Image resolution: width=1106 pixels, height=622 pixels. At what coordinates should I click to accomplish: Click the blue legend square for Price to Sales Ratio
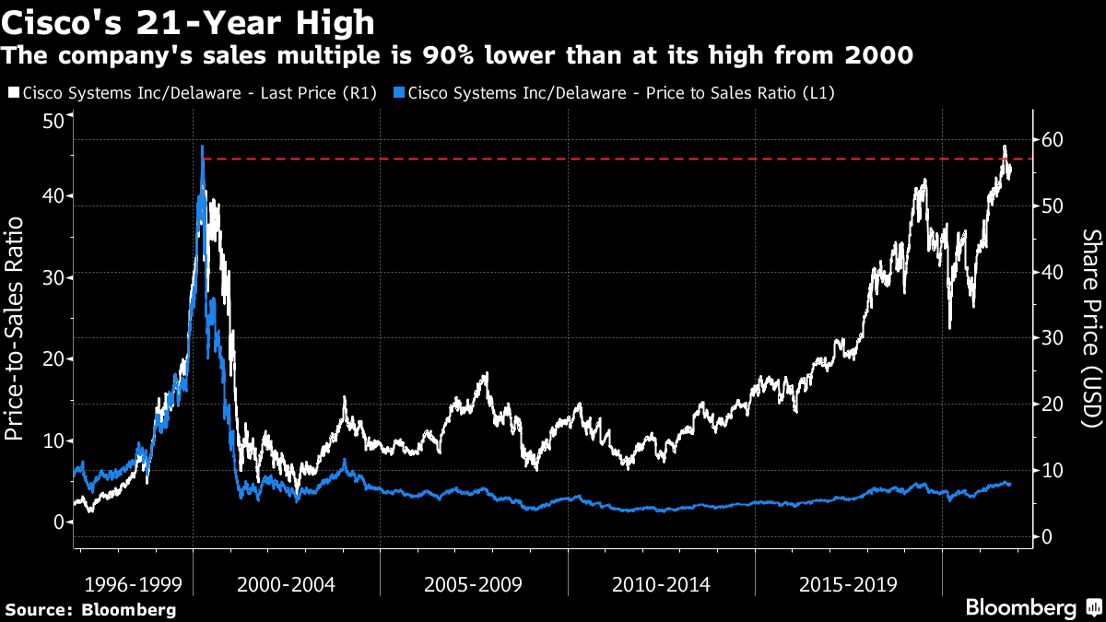397,93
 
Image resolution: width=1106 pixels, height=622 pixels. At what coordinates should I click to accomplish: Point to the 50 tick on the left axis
53,122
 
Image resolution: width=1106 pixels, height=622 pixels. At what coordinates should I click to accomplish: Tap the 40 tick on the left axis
53,196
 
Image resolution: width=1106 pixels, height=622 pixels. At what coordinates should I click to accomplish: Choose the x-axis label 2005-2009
473,584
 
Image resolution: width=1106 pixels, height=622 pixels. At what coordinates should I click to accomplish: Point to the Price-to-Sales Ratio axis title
16,323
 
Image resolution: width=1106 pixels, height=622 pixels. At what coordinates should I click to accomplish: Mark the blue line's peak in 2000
202,147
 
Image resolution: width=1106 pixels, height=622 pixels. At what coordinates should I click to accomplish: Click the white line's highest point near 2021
1004,147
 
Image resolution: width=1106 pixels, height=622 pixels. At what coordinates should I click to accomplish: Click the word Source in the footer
38,609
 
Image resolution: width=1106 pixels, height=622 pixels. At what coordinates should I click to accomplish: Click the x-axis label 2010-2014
661,584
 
